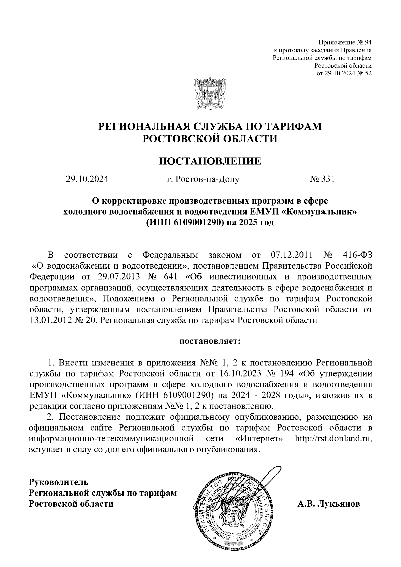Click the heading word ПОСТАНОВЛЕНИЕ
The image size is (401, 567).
coord(210,161)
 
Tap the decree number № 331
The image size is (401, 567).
coord(322,180)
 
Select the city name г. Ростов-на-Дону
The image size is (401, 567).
coord(203,180)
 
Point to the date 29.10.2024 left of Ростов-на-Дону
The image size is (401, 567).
coord(87,180)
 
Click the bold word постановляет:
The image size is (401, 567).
coord(210,342)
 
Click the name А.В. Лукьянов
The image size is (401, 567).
coord(329,503)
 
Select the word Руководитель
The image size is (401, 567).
coord(59,482)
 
